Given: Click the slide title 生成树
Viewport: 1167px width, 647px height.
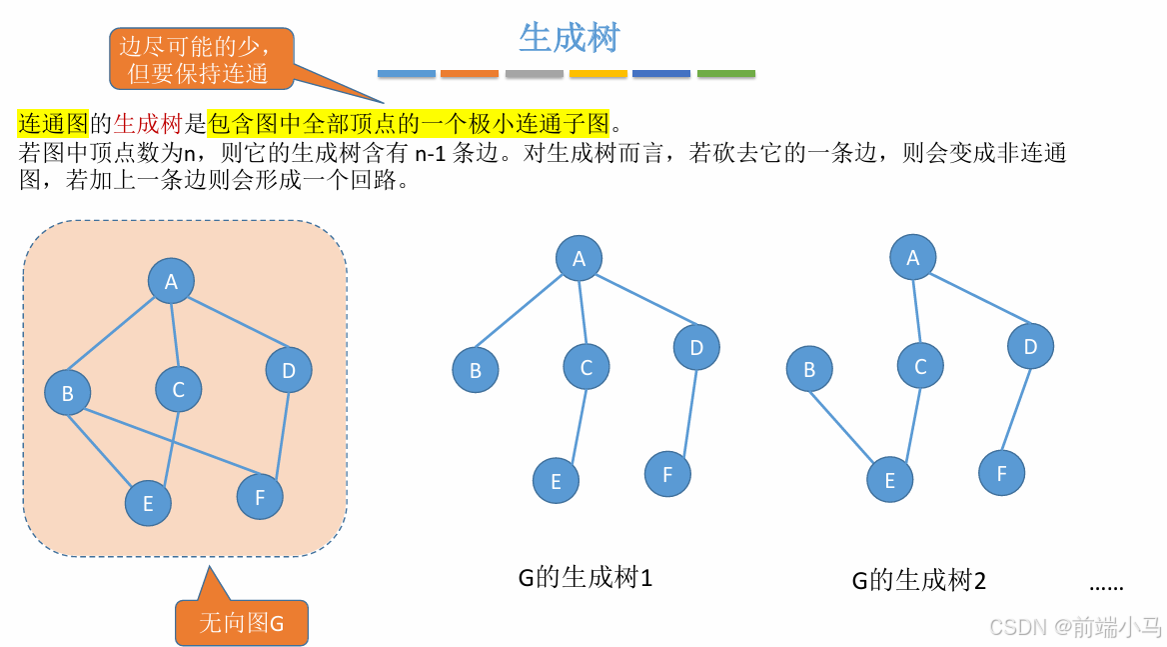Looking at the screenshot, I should coord(570,37).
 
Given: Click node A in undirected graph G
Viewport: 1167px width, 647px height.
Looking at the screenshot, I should coord(171,282).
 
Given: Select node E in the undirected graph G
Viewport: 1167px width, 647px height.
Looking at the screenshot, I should coord(148,503).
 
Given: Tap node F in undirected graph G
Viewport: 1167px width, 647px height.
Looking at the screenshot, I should coord(260,496).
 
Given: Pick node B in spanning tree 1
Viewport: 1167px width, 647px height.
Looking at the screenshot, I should coord(476,370).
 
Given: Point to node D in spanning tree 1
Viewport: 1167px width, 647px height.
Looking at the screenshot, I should coord(696,348).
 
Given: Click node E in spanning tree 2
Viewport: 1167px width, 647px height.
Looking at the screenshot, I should coord(889,479).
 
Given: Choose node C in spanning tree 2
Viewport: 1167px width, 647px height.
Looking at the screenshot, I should coord(920,367).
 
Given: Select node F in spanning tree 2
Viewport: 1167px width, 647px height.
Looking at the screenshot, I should coord(1001,473).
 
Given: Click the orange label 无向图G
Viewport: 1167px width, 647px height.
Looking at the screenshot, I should coord(241,623).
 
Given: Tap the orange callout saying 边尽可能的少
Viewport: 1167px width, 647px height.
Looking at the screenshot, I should coord(194,59).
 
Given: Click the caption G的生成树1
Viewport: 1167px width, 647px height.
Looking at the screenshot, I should coord(584,577).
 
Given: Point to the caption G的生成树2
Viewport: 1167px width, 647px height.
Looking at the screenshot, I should coord(918,580).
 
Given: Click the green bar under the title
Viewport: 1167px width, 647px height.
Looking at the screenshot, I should coord(725,74).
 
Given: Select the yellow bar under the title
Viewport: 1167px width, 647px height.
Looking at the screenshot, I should coord(597,74).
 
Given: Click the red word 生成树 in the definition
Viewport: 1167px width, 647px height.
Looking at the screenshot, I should coord(147,124).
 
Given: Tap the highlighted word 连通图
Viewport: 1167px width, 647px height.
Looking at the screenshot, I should coord(53,124).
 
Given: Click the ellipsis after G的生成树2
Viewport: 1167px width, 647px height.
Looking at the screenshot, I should coord(1106,586).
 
